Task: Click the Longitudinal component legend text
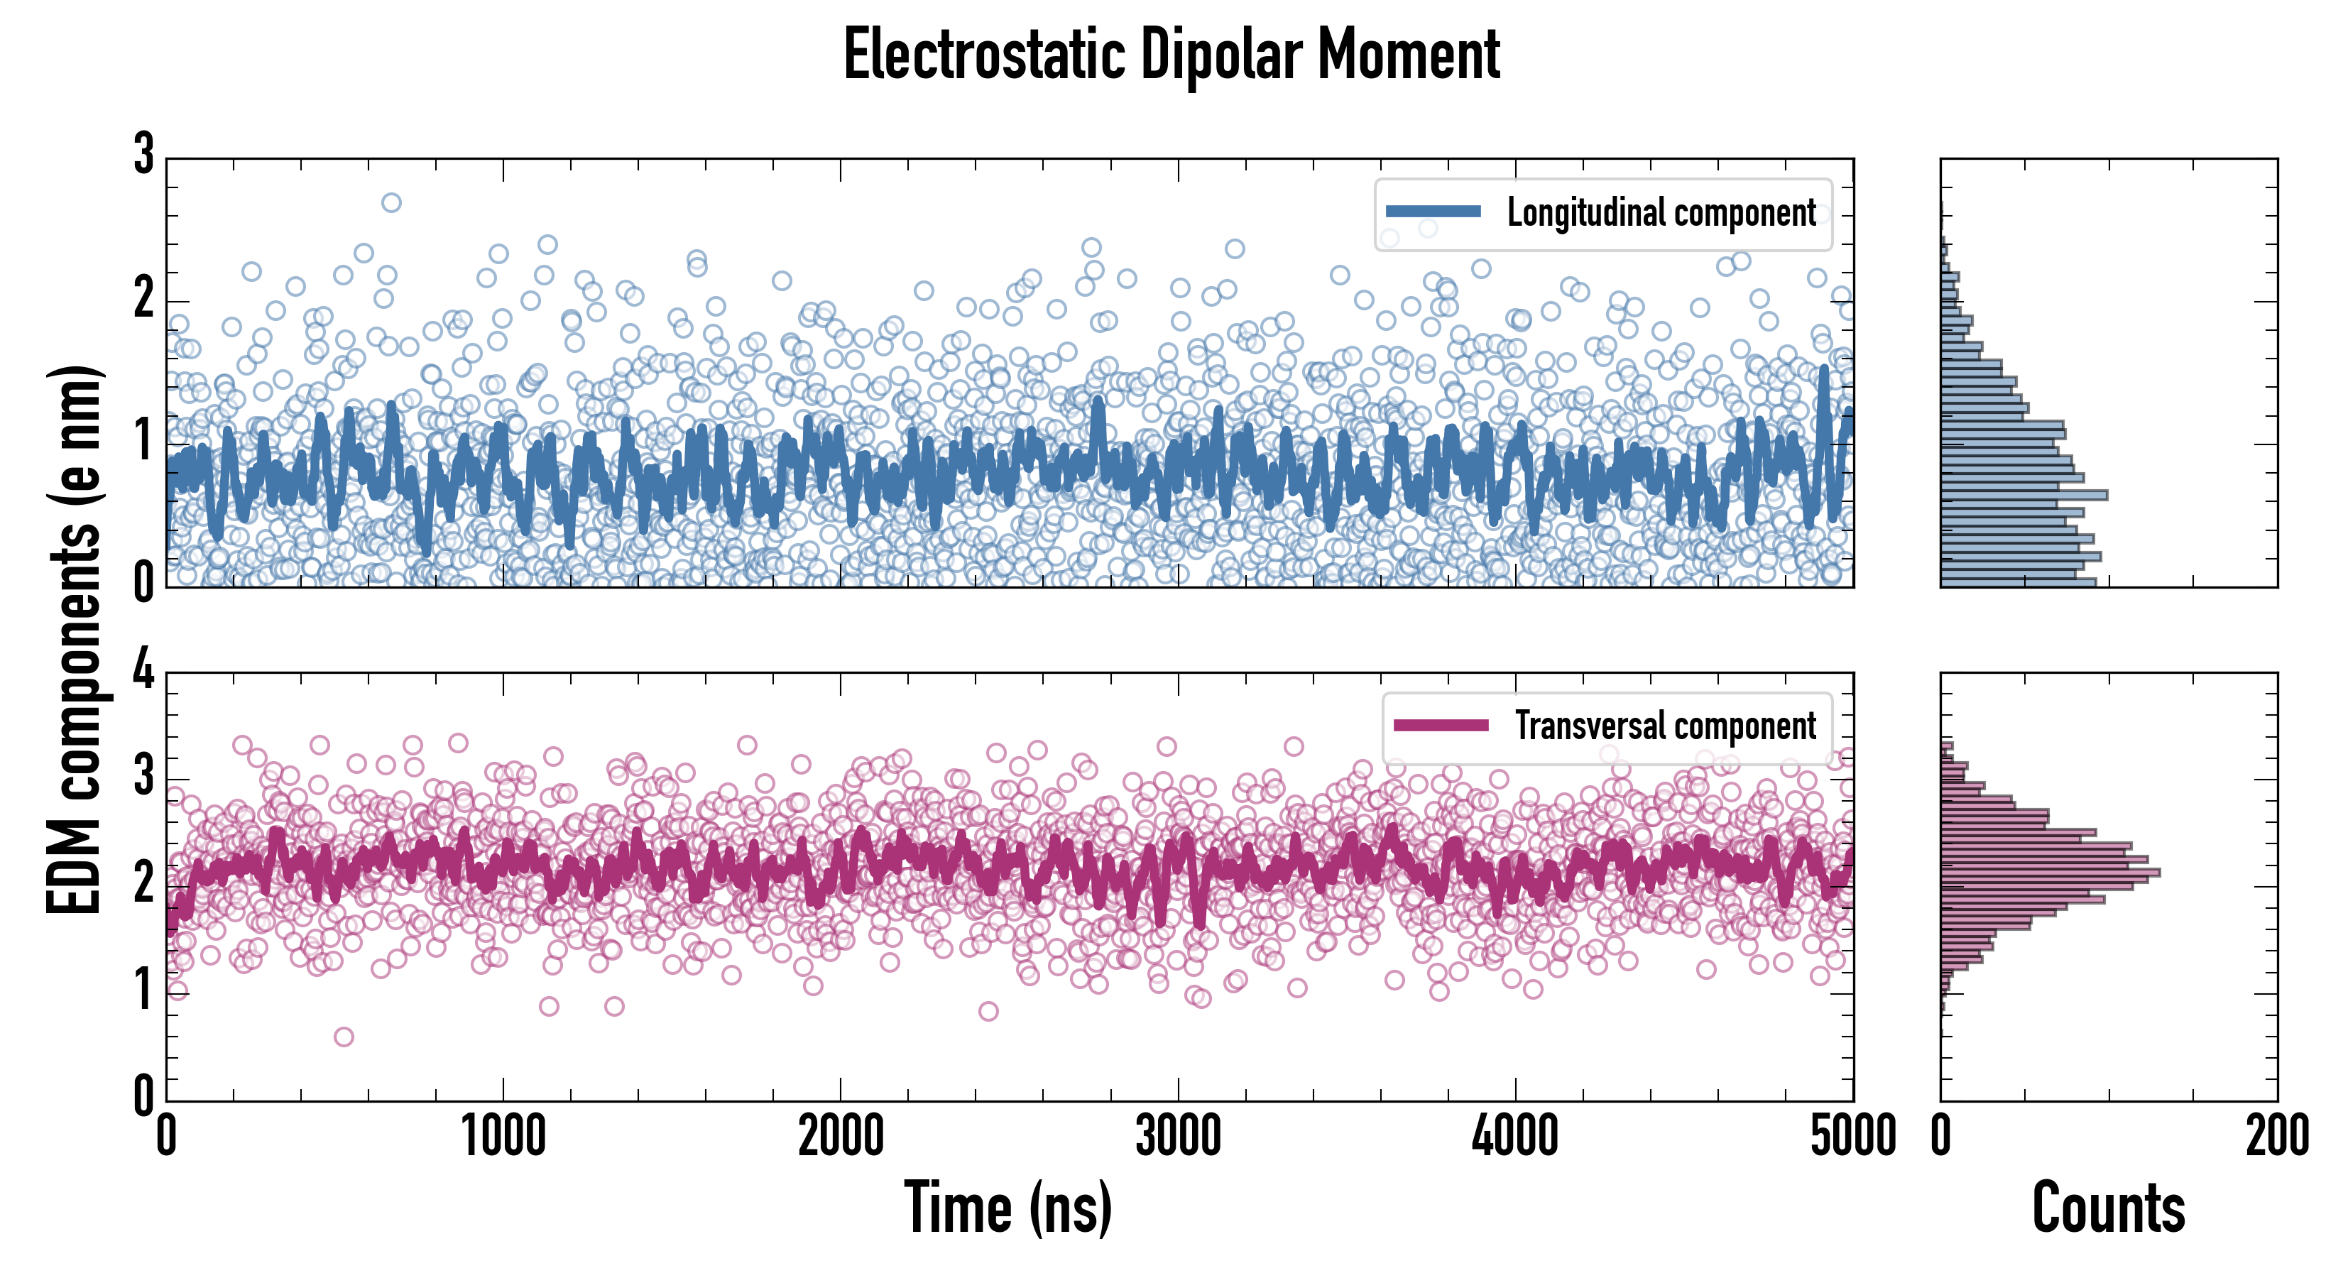(1661, 213)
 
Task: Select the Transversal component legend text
(1666, 726)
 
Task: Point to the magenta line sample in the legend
(1441, 726)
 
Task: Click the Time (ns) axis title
(1007, 1207)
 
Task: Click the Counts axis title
(2108, 1207)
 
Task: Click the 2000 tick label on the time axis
(841, 1136)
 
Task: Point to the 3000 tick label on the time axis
(1179, 1136)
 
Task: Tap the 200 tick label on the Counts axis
(2276, 1136)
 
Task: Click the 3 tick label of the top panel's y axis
(143, 155)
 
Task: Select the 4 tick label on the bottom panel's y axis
(143, 670)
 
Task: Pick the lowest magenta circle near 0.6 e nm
(344, 1037)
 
